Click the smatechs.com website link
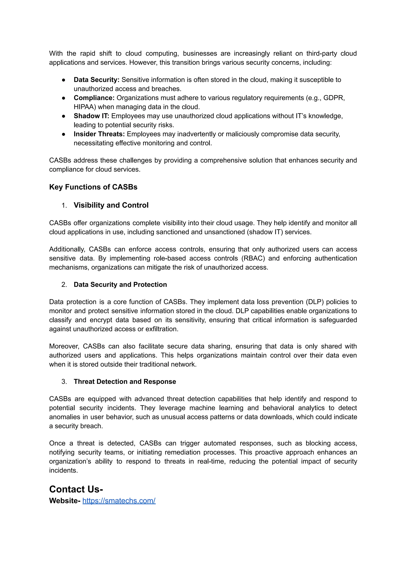click(x=119, y=501)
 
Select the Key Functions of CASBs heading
click(x=93, y=187)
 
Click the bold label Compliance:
click(x=94, y=98)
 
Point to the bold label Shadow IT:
click(x=91, y=116)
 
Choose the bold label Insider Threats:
click(x=99, y=134)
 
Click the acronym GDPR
click(x=334, y=98)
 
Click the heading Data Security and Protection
click(x=120, y=285)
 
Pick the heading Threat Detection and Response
click(x=125, y=381)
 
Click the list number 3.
click(x=64, y=381)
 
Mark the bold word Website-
click(x=65, y=501)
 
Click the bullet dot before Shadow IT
click(x=64, y=116)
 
